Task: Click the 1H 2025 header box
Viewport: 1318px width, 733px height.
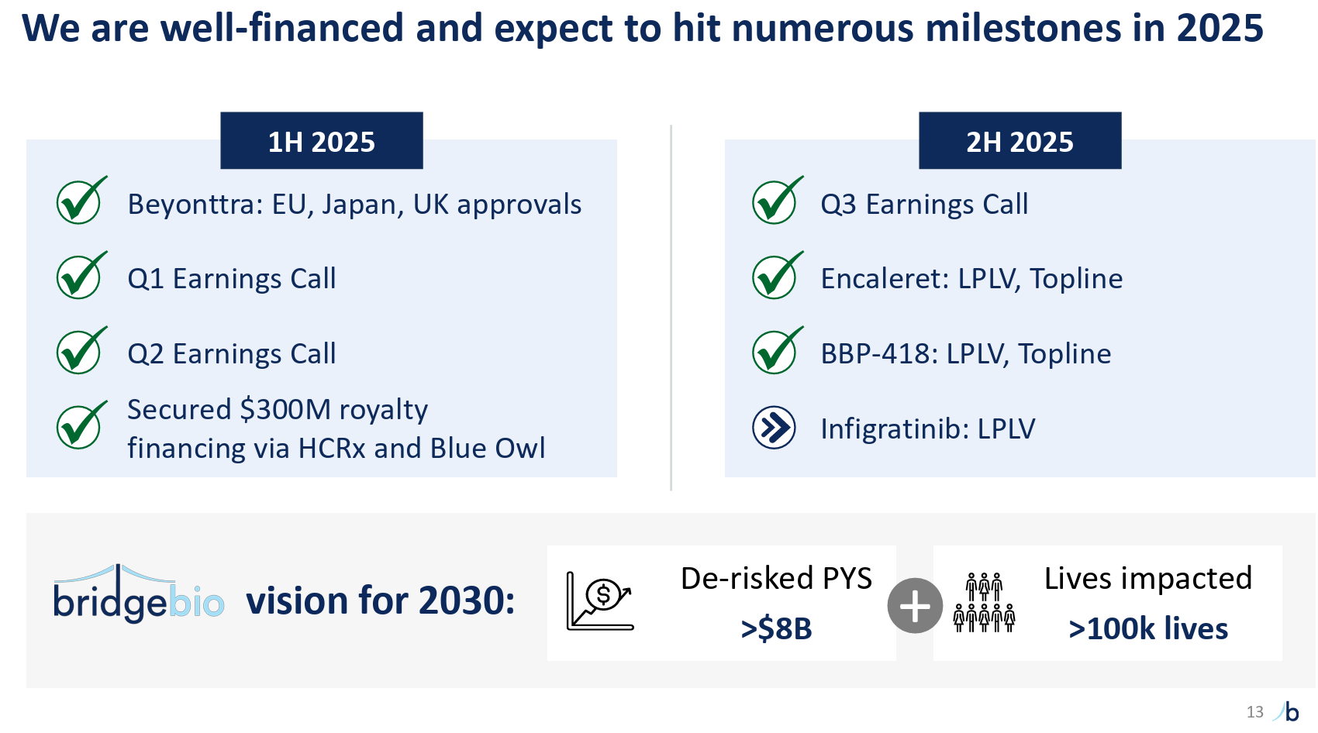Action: pyautogui.click(x=322, y=140)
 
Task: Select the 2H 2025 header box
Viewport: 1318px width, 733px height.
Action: pyautogui.click(x=1020, y=140)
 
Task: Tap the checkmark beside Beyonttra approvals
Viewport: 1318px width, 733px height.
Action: pyautogui.click(x=81, y=200)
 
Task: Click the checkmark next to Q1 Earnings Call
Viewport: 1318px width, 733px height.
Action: pyautogui.click(x=81, y=275)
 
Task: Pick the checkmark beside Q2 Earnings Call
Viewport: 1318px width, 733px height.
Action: pyautogui.click(x=81, y=351)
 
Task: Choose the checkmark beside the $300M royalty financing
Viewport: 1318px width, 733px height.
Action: pyautogui.click(x=81, y=425)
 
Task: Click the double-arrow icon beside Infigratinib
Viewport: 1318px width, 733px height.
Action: pyautogui.click(x=774, y=428)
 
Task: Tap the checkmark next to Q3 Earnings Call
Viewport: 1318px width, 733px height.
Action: pyautogui.click(x=778, y=200)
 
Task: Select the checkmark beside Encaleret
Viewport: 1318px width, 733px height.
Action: pyautogui.click(x=778, y=275)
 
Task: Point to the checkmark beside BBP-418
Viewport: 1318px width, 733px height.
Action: pyautogui.click(x=778, y=351)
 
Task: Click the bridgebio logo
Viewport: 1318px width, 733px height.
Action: pyautogui.click(x=139, y=593)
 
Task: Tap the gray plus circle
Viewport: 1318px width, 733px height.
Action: pyautogui.click(x=915, y=605)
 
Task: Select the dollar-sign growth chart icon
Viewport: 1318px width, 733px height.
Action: pyautogui.click(x=600, y=601)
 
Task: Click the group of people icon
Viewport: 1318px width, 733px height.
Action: pyautogui.click(x=985, y=602)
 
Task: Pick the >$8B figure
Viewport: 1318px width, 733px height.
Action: pyautogui.click(x=776, y=629)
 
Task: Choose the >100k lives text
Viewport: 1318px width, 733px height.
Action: pyautogui.click(x=1148, y=629)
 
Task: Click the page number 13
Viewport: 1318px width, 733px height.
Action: pyautogui.click(x=1254, y=712)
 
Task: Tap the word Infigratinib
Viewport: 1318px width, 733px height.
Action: pyautogui.click(x=895, y=429)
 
